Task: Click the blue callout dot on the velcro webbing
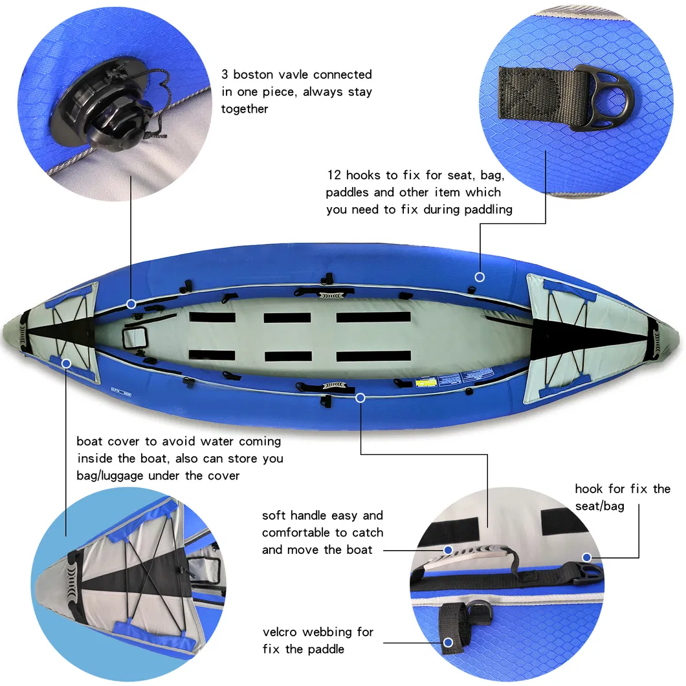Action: coord(448,642)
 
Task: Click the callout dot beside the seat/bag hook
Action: coord(586,557)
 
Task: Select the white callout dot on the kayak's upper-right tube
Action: coord(480,276)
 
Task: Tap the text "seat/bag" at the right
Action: coord(599,505)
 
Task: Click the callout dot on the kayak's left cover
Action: coord(66,364)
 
